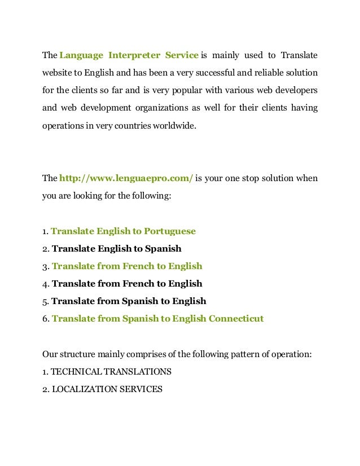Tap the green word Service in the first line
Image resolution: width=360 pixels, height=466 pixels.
click(182, 55)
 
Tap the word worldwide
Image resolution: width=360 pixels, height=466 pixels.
click(175, 125)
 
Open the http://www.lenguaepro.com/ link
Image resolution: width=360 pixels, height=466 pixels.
click(126, 178)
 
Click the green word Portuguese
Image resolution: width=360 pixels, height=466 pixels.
click(170, 231)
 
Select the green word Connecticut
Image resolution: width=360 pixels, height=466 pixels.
click(236, 318)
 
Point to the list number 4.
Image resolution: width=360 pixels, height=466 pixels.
click(45, 284)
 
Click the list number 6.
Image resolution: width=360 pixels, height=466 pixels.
click(45, 319)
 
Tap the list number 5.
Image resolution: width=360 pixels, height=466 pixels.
click(45, 301)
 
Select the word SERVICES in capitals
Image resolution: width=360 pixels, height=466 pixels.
click(142, 389)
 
